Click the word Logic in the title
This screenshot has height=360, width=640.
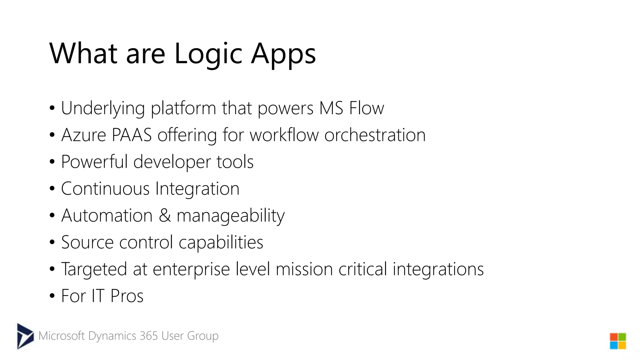point(208,54)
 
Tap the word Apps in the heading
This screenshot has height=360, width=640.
point(283,54)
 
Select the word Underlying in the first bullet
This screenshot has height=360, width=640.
point(103,108)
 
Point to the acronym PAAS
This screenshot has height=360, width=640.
point(132,135)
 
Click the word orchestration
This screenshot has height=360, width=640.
point(375,135)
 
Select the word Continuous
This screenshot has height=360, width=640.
point(105,189)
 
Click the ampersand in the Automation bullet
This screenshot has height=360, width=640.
point(165,216)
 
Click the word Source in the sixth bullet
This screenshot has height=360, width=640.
point(87,242)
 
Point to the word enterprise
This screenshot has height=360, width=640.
point(191,269)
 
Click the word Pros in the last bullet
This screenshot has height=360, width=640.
point(127,296)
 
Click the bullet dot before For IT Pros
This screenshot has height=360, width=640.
point(52,296)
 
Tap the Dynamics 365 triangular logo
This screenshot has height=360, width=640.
point(25,336)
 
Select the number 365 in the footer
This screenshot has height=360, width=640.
point(149,336)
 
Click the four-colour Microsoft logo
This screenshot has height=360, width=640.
point(618,341)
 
